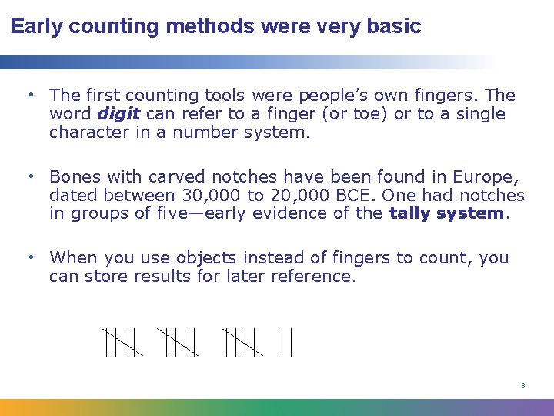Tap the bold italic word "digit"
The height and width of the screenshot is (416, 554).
coord(118,114)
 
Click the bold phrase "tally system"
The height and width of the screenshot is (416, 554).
coord(446,213)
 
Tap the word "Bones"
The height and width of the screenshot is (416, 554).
coord(76,177)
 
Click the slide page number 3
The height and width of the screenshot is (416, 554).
coord(522,385)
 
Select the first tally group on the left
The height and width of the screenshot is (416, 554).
coord(121,342)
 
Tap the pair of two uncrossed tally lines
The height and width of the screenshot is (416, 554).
coord(286,342)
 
